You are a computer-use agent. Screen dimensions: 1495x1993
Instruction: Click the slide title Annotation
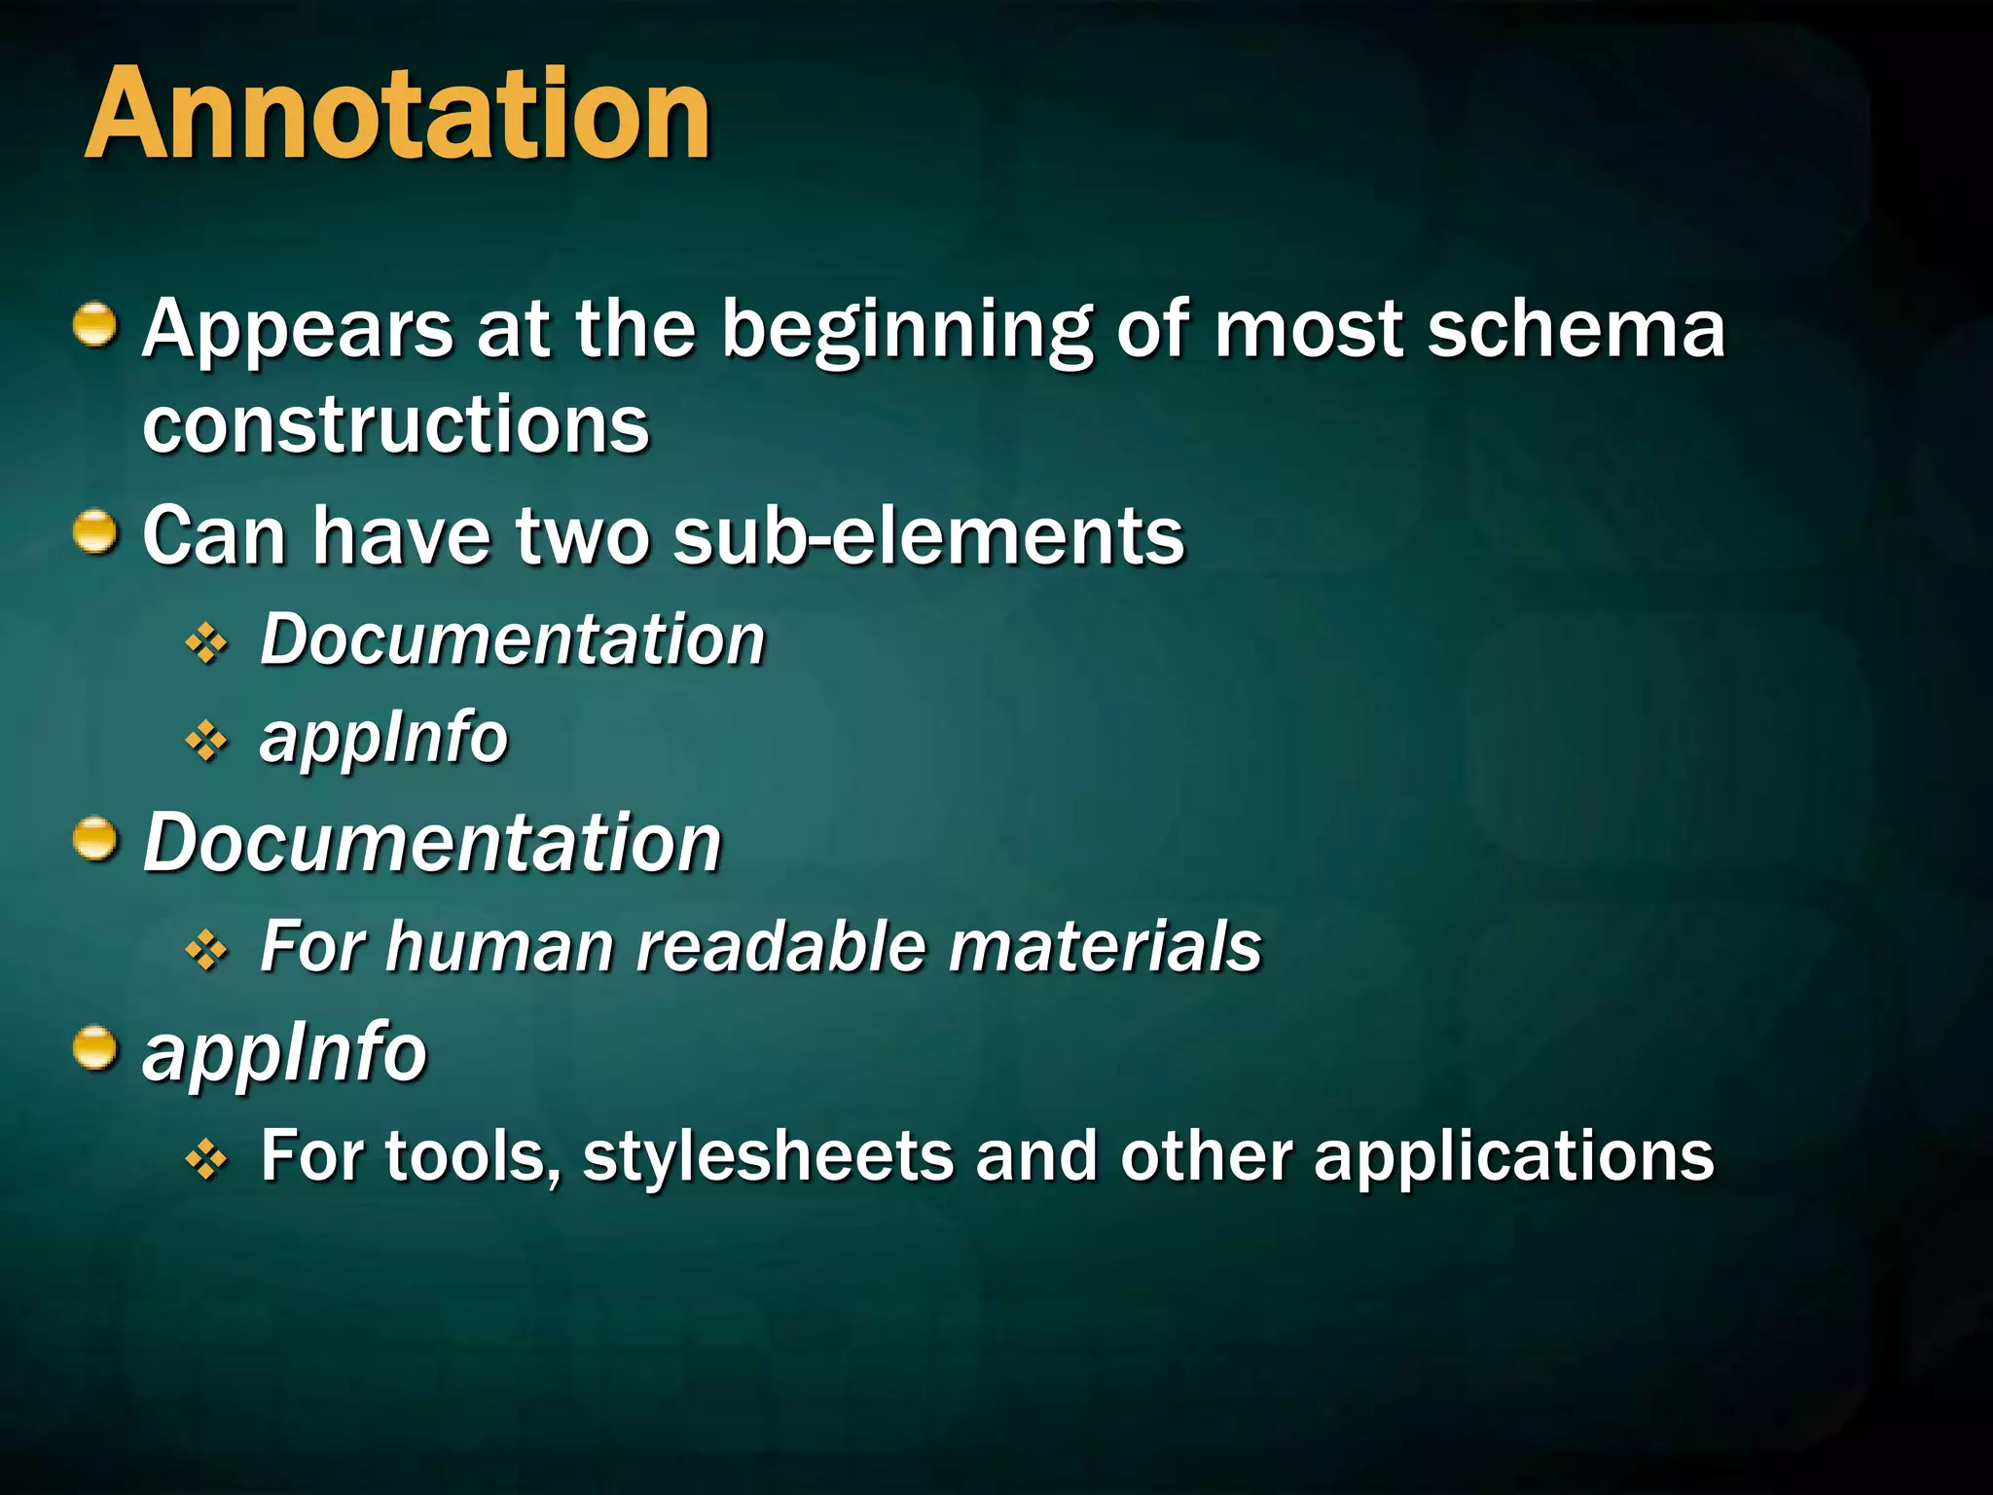point(397,115)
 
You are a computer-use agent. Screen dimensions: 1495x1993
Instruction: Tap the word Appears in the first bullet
point(298,331)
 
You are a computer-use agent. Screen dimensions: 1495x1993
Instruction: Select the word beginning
point(907,331)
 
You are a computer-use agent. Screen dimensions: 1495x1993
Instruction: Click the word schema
point(1576,329)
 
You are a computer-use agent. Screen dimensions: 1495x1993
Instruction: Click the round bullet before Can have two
point(95,532)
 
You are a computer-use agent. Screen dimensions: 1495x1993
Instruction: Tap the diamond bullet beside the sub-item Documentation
point(206,643)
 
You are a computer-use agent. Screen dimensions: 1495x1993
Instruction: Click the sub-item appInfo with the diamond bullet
point(383,737)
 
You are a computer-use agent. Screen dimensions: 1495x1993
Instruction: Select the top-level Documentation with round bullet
point(432,843)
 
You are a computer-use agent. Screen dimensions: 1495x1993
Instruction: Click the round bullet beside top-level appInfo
point(95,1048)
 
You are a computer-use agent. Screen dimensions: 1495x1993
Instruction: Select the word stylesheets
point(768,1156)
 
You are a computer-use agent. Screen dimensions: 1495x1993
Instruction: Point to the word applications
point(1513,1156)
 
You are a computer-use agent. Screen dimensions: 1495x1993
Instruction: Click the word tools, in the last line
point(473,1156)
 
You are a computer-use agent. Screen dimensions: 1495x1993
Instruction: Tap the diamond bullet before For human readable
point(206,950)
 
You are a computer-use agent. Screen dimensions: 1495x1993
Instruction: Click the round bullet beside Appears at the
point(95,324)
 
